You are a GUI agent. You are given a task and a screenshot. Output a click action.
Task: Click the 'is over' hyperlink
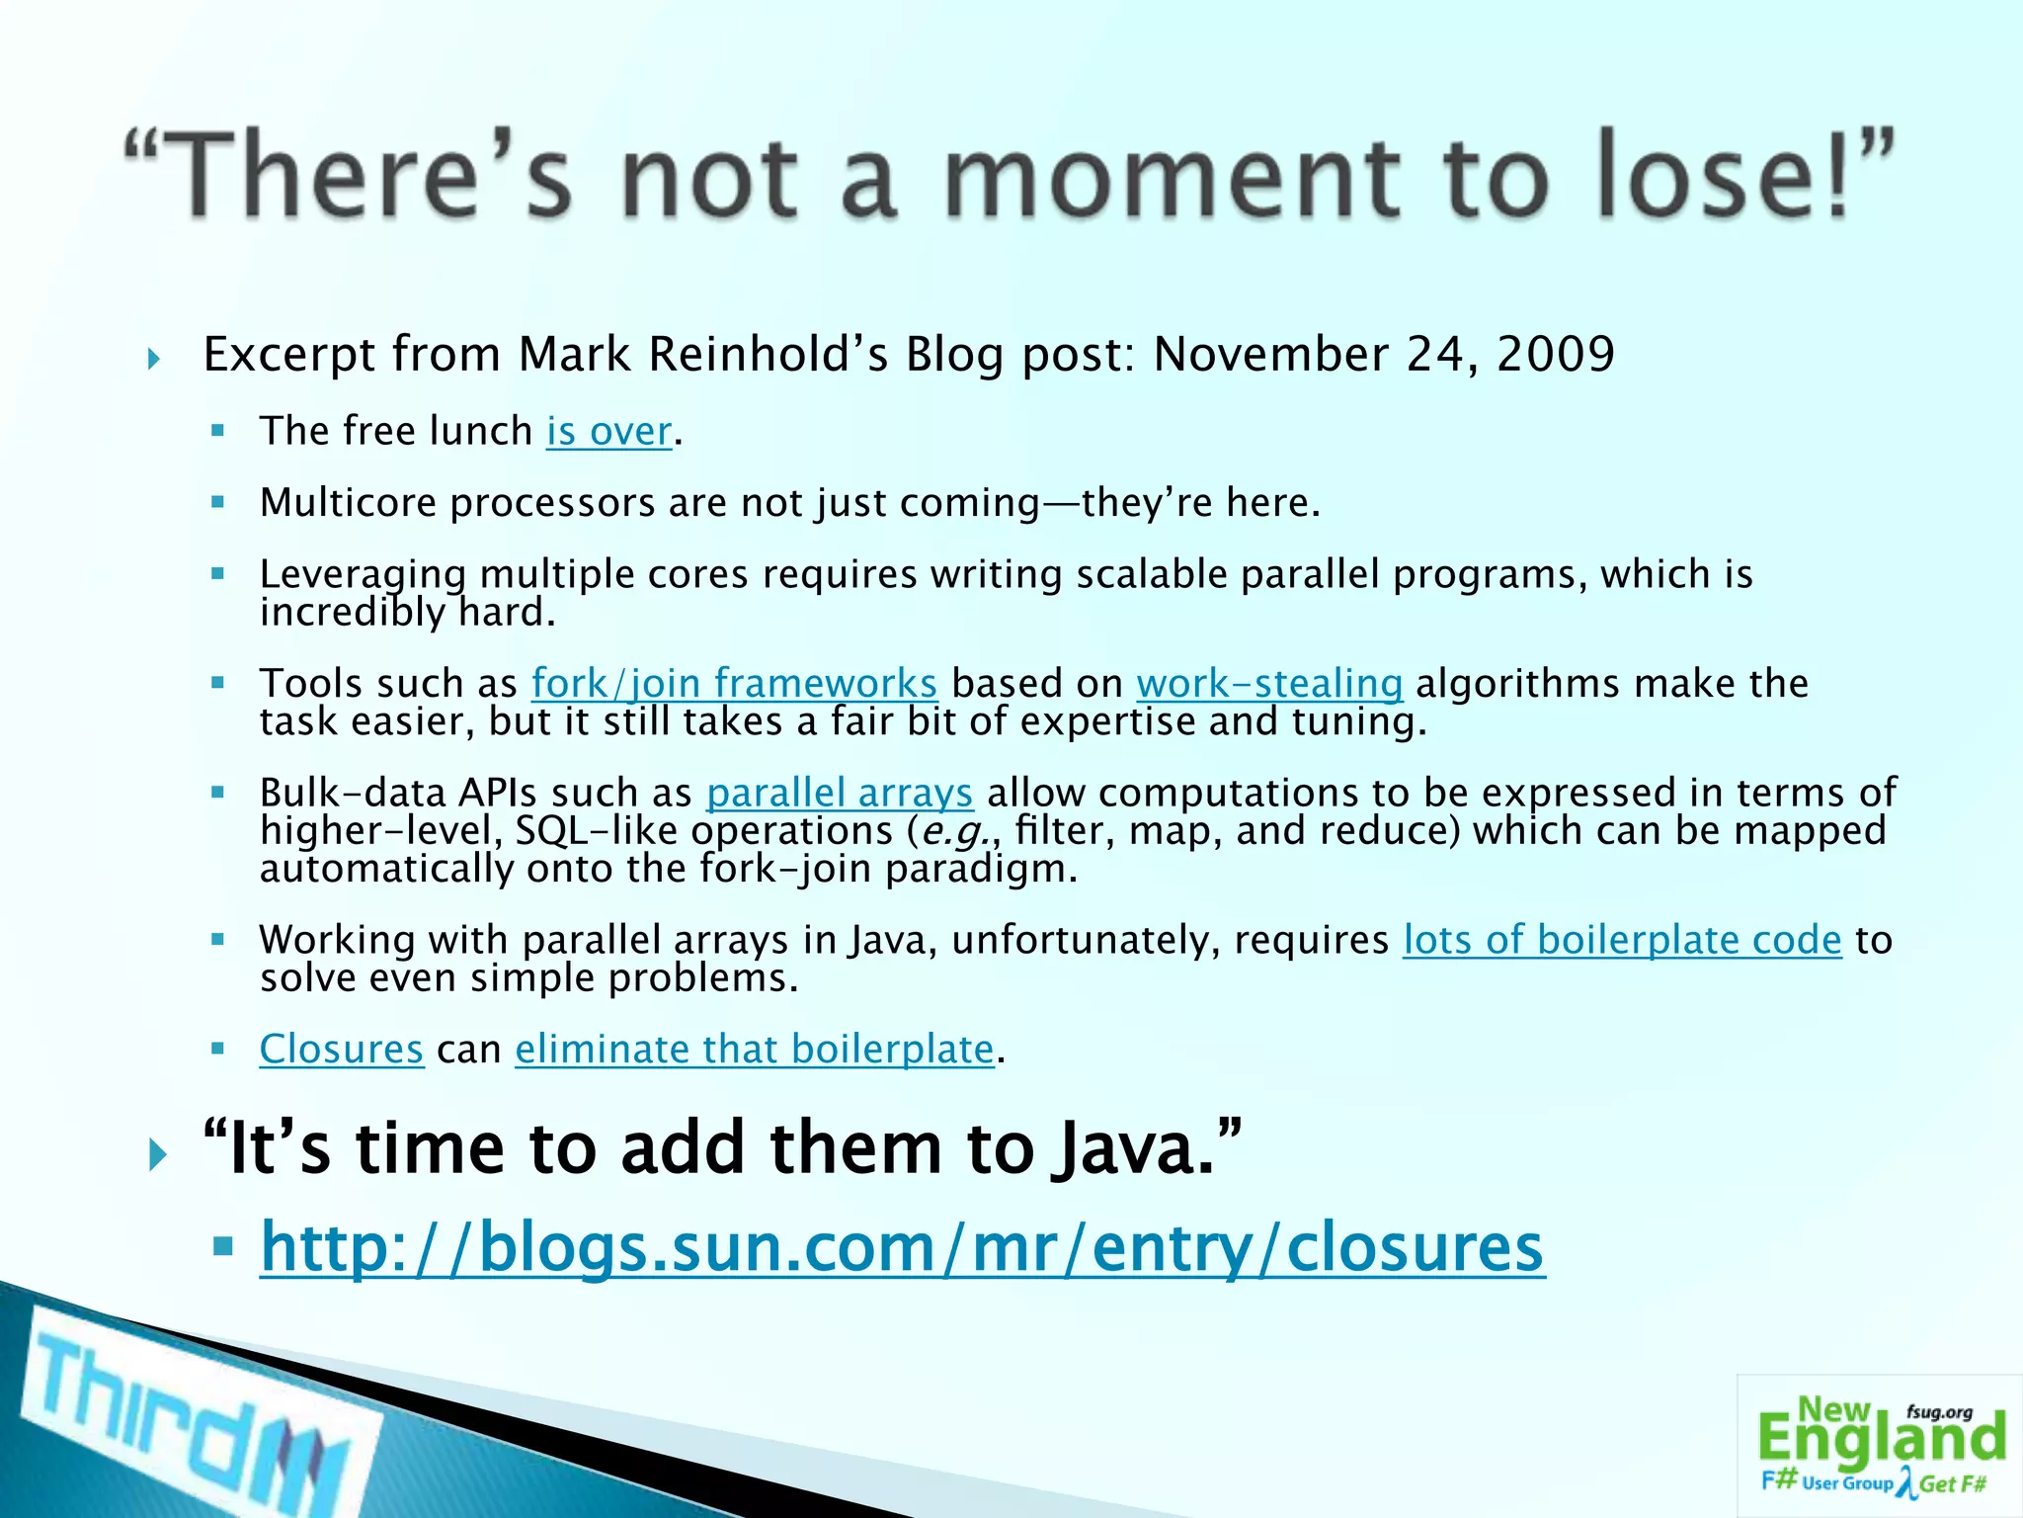point(609,432)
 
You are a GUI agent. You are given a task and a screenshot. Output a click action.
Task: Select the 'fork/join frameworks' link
point(734,684)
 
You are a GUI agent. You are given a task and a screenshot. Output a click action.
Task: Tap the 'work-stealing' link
point(1269,684)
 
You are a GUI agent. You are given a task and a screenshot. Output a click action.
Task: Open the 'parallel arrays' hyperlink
point(840,794)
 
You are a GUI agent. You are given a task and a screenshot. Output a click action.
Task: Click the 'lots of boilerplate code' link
point(1622,940)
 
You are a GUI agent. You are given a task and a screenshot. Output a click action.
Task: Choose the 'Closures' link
point(342,1050)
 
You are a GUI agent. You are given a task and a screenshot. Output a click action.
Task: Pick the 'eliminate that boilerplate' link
point(754,1050)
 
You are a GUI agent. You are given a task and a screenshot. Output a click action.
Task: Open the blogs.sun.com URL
point(901,1247)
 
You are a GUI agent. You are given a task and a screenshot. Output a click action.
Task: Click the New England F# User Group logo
point(1880,1446)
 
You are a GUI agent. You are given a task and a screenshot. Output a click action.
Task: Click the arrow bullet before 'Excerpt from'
point(154,358)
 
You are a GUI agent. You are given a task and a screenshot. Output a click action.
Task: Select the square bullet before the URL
point(222,1247)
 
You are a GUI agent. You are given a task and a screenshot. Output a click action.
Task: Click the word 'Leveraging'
point(363,575)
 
